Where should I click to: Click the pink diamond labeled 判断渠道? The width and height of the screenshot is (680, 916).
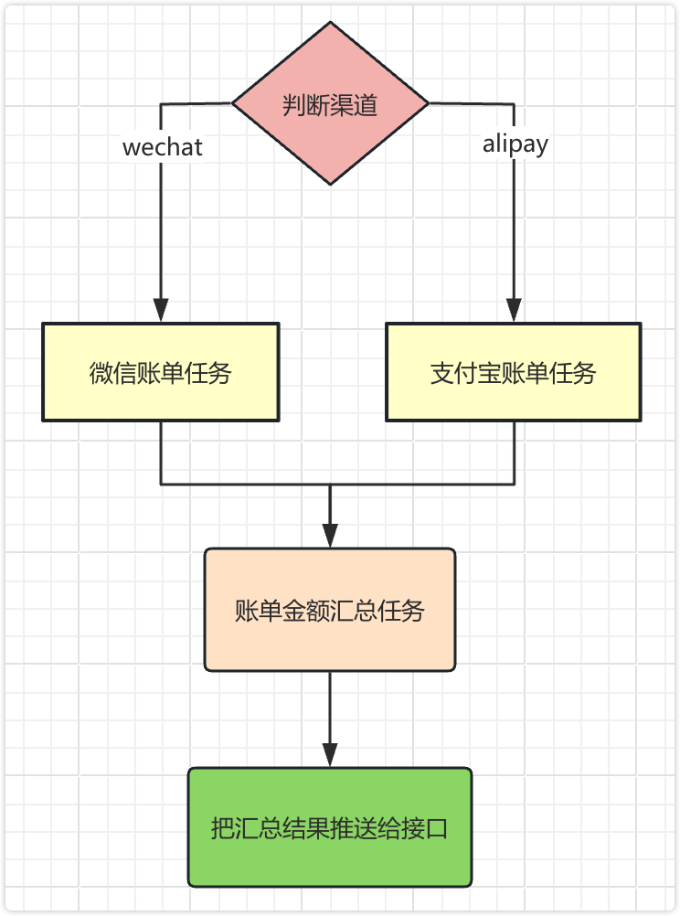tap(330, 103)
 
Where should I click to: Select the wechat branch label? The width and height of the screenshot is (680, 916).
tap(162, 147)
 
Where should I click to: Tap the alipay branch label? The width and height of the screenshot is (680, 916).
tap(515, 144)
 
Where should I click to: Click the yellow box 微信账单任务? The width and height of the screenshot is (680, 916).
tap(161, 372)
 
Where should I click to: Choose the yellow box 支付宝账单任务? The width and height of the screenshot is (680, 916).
tap(513, 372)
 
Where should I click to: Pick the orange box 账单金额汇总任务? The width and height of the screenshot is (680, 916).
tap(330, 610)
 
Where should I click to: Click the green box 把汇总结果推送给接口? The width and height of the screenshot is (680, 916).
tap(330, 828)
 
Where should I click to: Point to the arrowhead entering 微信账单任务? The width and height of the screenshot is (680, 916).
tap(161, 311)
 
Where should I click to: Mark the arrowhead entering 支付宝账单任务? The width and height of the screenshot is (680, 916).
tap(515, 311)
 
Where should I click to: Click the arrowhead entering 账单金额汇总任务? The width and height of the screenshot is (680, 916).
tap(330, 537)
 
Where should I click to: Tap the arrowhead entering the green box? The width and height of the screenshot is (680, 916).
tap(330, 756)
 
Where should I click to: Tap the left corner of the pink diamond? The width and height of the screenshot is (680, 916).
tap(234, 103)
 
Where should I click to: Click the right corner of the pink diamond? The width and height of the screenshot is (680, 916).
tap(428, 103)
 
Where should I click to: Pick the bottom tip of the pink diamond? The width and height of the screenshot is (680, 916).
tap(330, 183)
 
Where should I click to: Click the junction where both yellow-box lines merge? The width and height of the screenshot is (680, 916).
tap(330, 484)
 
